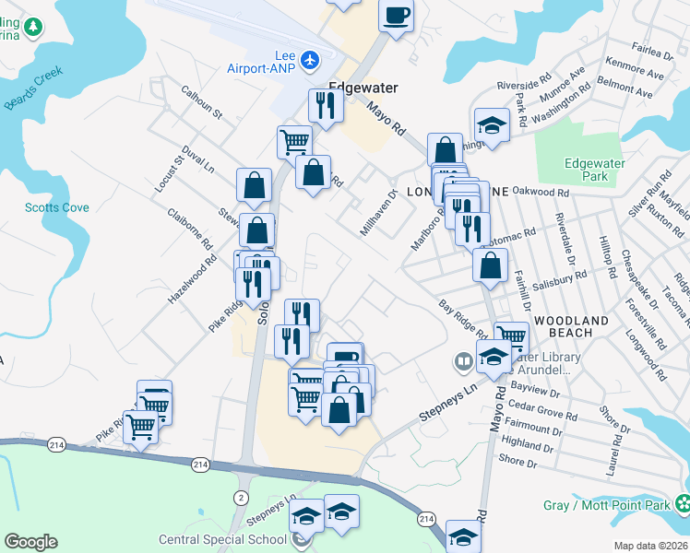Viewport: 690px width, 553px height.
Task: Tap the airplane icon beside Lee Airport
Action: (309, 60)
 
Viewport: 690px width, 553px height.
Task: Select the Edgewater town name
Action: (363, 88)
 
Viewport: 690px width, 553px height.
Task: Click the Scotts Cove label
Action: (57, 207)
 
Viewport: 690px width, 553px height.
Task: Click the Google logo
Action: (30, 542)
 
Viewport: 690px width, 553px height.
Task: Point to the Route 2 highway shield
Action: (241, 498)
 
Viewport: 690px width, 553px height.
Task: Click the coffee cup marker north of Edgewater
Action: (396, 16)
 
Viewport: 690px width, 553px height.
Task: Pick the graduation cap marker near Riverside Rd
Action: (492, 125)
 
